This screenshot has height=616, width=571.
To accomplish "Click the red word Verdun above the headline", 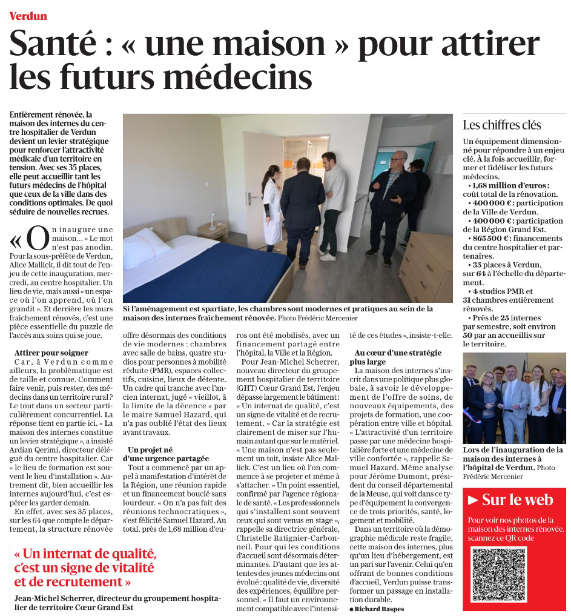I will coord(28,16).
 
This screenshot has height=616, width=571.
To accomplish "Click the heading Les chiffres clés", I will coord(501,125).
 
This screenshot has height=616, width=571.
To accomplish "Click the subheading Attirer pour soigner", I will coord(51,353).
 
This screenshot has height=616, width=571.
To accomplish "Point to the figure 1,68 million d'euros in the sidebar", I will coord(510,185).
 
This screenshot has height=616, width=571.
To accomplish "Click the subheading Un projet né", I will coord(151,449).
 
